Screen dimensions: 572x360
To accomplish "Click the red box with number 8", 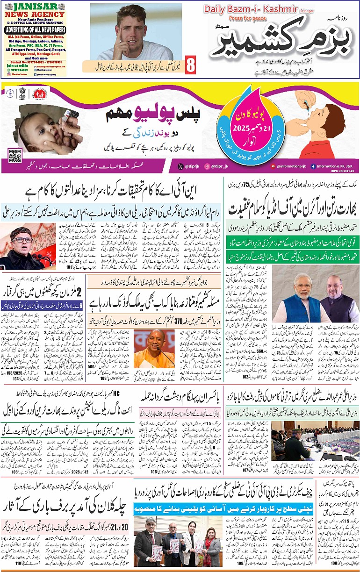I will coord(190,65).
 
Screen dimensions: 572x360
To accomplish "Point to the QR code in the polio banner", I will coord(15,155).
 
